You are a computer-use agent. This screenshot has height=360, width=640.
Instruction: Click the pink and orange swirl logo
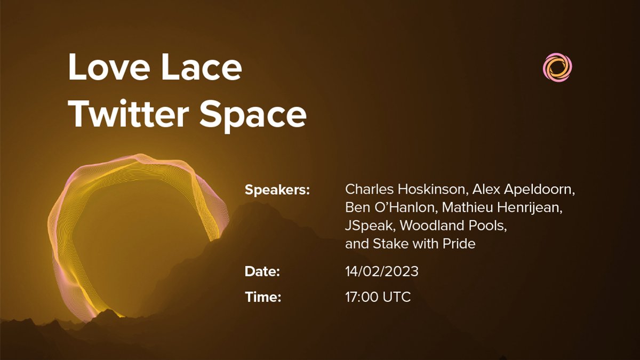pos(557,68)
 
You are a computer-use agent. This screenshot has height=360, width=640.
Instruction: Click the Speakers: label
pos(277,189)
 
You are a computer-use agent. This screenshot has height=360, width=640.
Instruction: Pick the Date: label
pos(262,271)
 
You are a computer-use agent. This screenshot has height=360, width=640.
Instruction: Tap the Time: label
pos(263,298)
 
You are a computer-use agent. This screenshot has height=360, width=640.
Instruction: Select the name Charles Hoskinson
pos(404,189)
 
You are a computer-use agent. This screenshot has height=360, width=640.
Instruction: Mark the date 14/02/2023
pos(382,271)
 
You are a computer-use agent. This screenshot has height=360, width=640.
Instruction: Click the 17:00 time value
pos(362,298)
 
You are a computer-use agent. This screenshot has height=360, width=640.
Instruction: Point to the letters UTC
pos(397,298)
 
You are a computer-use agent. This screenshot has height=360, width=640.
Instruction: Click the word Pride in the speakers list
pos(459,244)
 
